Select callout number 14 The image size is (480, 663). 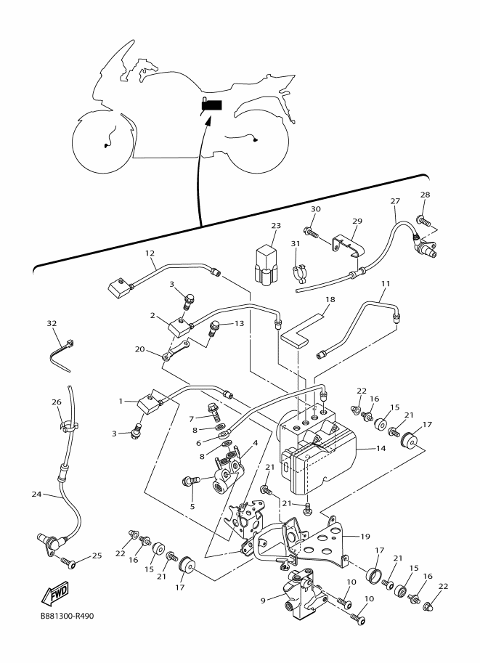click(381, 448)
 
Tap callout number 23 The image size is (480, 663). click(276, 226)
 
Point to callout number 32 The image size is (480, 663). click(52, 323)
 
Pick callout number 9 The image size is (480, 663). click(263, 600)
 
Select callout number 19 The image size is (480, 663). click(365, 537)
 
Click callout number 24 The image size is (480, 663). click(37, 494)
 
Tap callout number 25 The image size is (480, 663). click(97, 556)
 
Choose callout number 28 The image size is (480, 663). click(425, 195)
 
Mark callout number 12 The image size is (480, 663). click(150, 253)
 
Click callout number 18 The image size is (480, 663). click(330, 299)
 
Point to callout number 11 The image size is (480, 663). click(385, 283)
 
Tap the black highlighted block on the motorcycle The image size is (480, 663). click(212, 105)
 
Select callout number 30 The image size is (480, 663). click(315, 209)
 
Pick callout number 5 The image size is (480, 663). click(192, 506)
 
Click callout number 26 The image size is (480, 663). click(57, 402)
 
